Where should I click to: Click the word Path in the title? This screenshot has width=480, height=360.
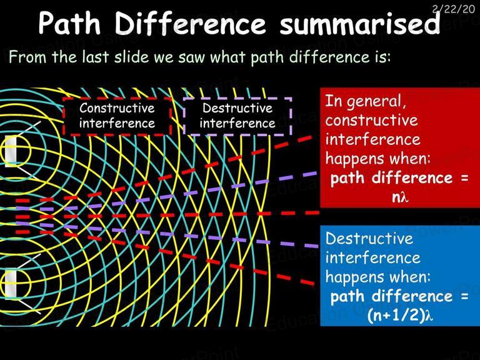pos(69,23)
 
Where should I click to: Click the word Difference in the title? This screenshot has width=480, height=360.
pos(190,23)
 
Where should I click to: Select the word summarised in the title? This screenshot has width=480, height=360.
pos(359,23)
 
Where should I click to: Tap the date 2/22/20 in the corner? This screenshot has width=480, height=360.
pos(453,9)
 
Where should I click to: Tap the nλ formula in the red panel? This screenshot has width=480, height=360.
pos(400,197)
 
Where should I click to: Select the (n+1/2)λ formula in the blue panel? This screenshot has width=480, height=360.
pos(400,315)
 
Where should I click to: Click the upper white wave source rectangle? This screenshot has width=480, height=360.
pos(11,151)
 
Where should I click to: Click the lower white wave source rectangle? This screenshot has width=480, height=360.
pos(11,284)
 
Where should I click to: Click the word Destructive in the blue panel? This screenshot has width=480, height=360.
pos(369,239)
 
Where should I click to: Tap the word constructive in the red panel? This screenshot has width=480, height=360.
pos(371,120)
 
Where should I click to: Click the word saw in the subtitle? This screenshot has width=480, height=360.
pos(192,57)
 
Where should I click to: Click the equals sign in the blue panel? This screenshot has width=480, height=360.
pos(464,296)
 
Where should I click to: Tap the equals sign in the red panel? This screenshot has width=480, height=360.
pos(464,178)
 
